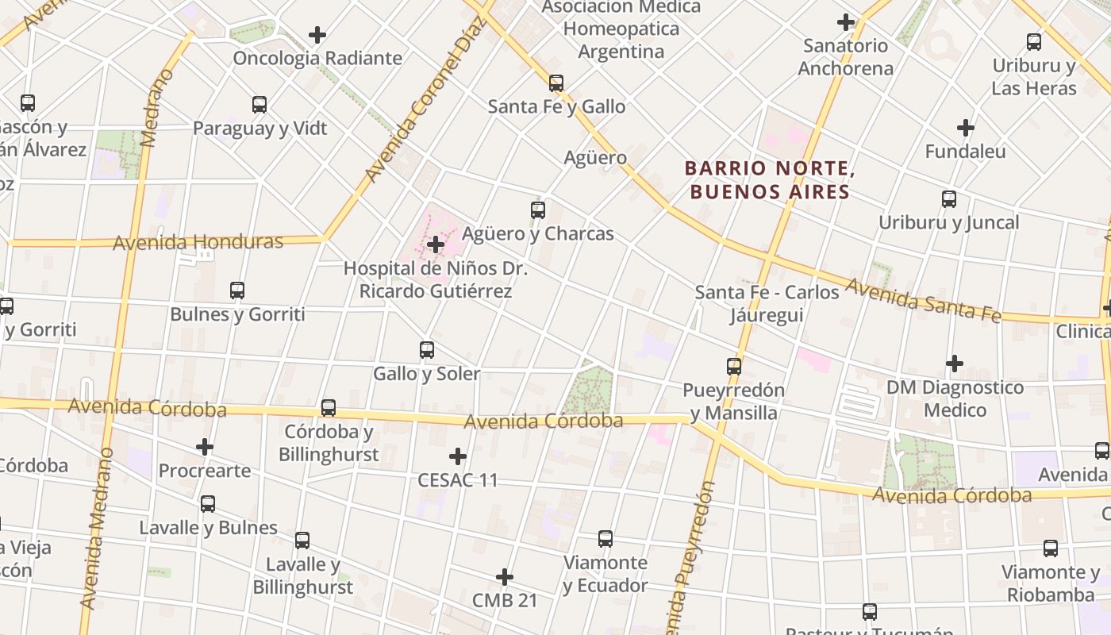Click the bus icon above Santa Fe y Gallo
pyautogui.click(x=555, y=83)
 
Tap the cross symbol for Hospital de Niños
pyautogui.click(x=435, y=244)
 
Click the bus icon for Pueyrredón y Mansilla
pyautogui.click(x=734, y=367)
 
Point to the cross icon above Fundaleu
pyautogui.click(x=965, y=127)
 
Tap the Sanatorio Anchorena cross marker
pyautogui.click(x=846, y=22)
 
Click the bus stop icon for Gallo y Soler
pyautogui.click(x=427, y=349)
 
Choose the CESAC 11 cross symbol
pyautogui.click(x=458, y=456)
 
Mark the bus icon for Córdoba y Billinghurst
pyautogui.click(x=329, y=408)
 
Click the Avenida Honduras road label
pyautogui.click(x=198, y=242)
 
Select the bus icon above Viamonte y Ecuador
pyautogui.click(x=605, y=539)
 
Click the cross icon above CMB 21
pyautogui.click(x=504, y=577)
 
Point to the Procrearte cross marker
pyautogui.click(x=205, y=447)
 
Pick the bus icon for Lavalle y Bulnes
pyautogui.click(x=208, y=503)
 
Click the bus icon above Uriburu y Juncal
pyautogui.click(x=949, y=199)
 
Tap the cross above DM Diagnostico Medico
pyautogui.click(x=955, y=364)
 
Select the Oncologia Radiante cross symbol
pyautogui.click(x=317, y=35)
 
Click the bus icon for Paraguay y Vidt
pyautogui.click(x=259, y=104)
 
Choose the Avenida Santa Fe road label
pyautogui.click(x=923, y=300)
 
